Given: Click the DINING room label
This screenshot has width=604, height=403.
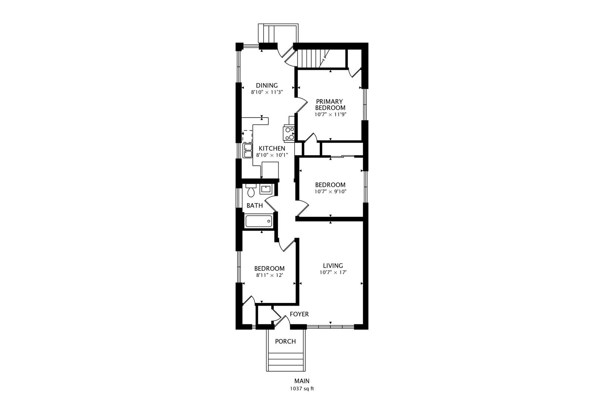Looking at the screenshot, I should pos(267,85).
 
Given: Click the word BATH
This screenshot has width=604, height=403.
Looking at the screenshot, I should pos(255,205).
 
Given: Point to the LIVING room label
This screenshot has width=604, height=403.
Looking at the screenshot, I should pos(333,265).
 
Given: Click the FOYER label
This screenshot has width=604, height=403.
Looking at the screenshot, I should pos(299,314).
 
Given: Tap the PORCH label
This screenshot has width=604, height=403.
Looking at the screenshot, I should pos(285,341).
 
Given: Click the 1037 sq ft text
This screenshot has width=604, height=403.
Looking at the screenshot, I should pos(302,388).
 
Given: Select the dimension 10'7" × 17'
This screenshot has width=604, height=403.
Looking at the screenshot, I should pos(333,272).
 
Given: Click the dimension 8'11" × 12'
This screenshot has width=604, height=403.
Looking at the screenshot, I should pos(269,275).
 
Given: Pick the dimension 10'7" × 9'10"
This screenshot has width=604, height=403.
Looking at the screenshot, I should pos(330,191).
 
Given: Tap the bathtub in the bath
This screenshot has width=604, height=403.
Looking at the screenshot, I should pos(258,221).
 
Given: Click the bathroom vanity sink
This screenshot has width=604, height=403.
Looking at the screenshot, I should pos(265,189).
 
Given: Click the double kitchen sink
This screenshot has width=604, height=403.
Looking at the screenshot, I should pos(248,151).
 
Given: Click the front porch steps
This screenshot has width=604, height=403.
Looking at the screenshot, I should pos(285,361).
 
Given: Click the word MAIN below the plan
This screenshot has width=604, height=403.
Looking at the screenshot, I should pos(302,381).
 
